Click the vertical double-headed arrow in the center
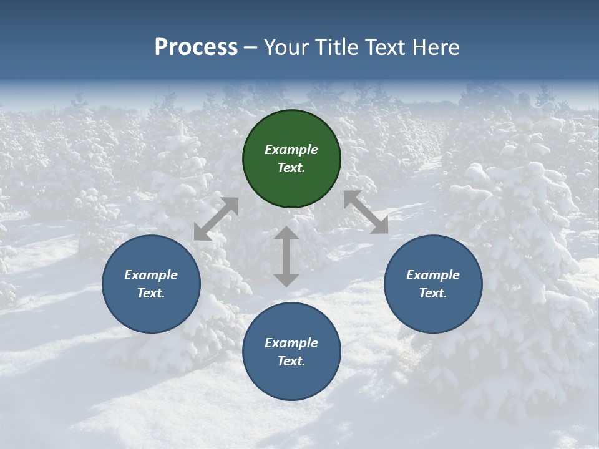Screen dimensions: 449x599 pos(286,256)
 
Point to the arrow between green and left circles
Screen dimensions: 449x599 pos(216,219)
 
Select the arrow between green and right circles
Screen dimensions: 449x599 pos(366,212)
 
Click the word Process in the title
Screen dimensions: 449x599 pos(196,47)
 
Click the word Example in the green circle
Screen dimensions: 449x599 pos(291,150)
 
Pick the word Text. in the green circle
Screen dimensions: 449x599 pos(291,168)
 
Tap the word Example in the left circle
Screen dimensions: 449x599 pos(151,275)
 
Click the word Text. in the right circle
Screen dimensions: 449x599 pos(433,293)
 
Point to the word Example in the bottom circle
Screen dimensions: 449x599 pos(291,343)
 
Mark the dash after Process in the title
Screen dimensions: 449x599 pos(250,47)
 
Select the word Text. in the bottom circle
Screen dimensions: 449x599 pos(291,361)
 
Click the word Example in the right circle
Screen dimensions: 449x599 pos(433,275)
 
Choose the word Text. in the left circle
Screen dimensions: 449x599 pos(151,293)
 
